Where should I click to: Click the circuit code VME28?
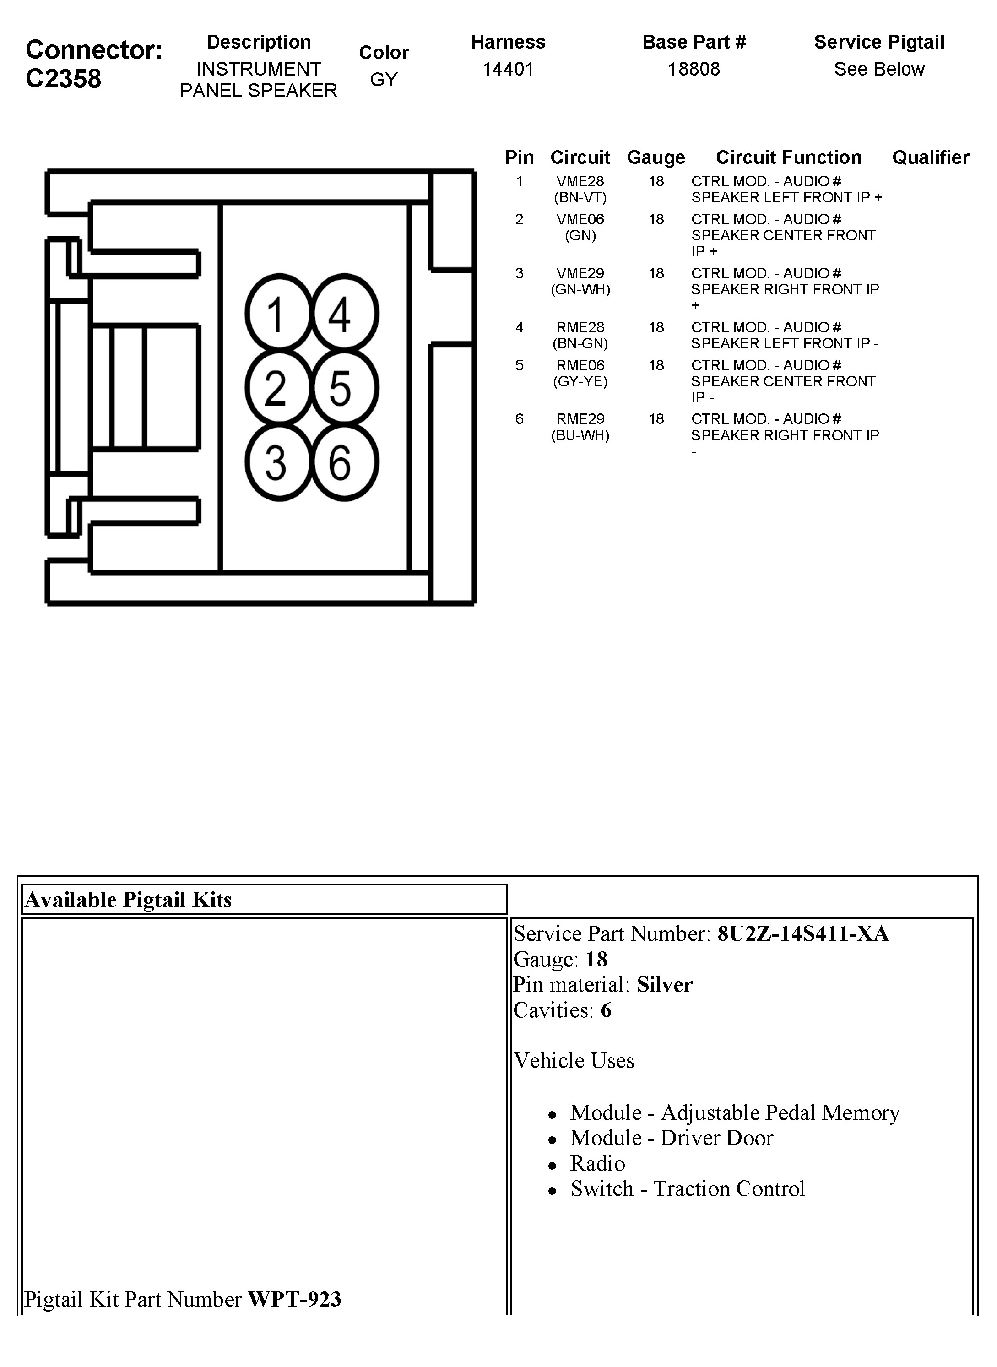(x=580, y=181)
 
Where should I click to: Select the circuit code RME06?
(x=580, y=365)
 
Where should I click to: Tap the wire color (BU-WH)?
(x=580, y=435)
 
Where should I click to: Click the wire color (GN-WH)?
(x=580, y=290)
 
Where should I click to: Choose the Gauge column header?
(x=656, y=157)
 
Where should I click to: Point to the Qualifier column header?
(x=931, y=157)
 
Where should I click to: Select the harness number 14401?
(x=508, y=70)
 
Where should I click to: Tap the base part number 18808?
(x=694, y=70)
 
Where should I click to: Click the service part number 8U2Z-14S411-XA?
(x=802, y=933)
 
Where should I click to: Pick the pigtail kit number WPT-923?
(x=294, y=1299)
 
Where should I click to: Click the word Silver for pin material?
(x=665, y=984)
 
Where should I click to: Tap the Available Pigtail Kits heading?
(x=128, y=900)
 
